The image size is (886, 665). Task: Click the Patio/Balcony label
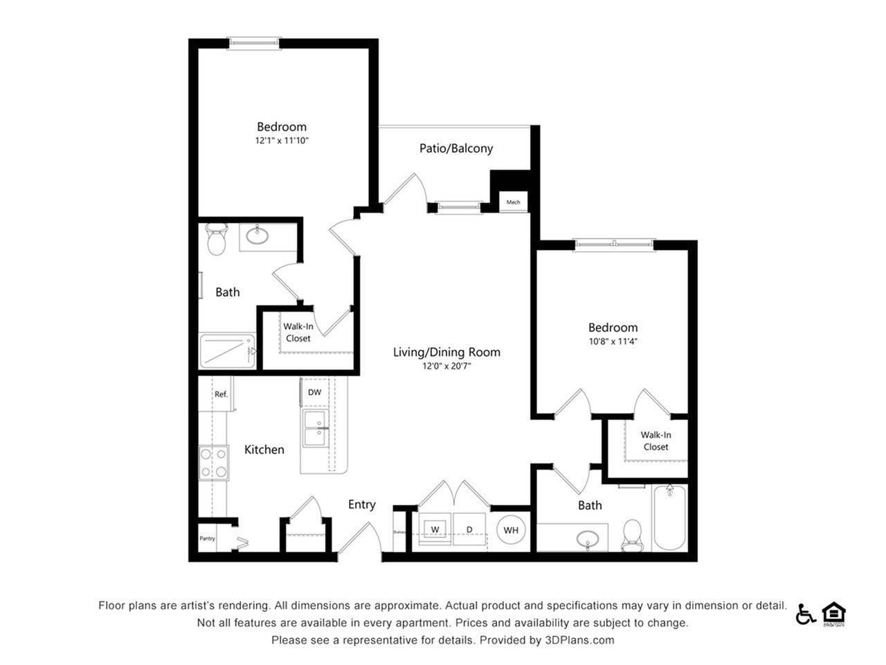(455, 148)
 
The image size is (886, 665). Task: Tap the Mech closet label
(513, 202)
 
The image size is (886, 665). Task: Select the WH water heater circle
(511, 531)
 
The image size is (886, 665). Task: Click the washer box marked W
(435, 530)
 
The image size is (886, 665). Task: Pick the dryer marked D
(469, 530)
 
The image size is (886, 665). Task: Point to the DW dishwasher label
(314, 392)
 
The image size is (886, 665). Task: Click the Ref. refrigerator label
(221, 394)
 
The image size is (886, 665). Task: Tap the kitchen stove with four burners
(214, 463)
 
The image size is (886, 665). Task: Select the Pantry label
(207, 538)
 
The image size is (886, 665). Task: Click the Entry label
(361, 504)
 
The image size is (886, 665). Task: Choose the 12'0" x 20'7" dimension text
(446, 366)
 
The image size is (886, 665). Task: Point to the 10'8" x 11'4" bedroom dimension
(613, 341)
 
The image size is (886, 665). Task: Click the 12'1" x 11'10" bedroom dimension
(281, 141)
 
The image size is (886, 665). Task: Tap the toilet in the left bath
(217, 238)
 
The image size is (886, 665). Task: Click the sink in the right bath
(588, 538)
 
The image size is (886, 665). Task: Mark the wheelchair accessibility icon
(805, 614)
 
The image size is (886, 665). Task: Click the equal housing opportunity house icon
(834, 613)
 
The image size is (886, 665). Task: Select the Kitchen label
(264, 450)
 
